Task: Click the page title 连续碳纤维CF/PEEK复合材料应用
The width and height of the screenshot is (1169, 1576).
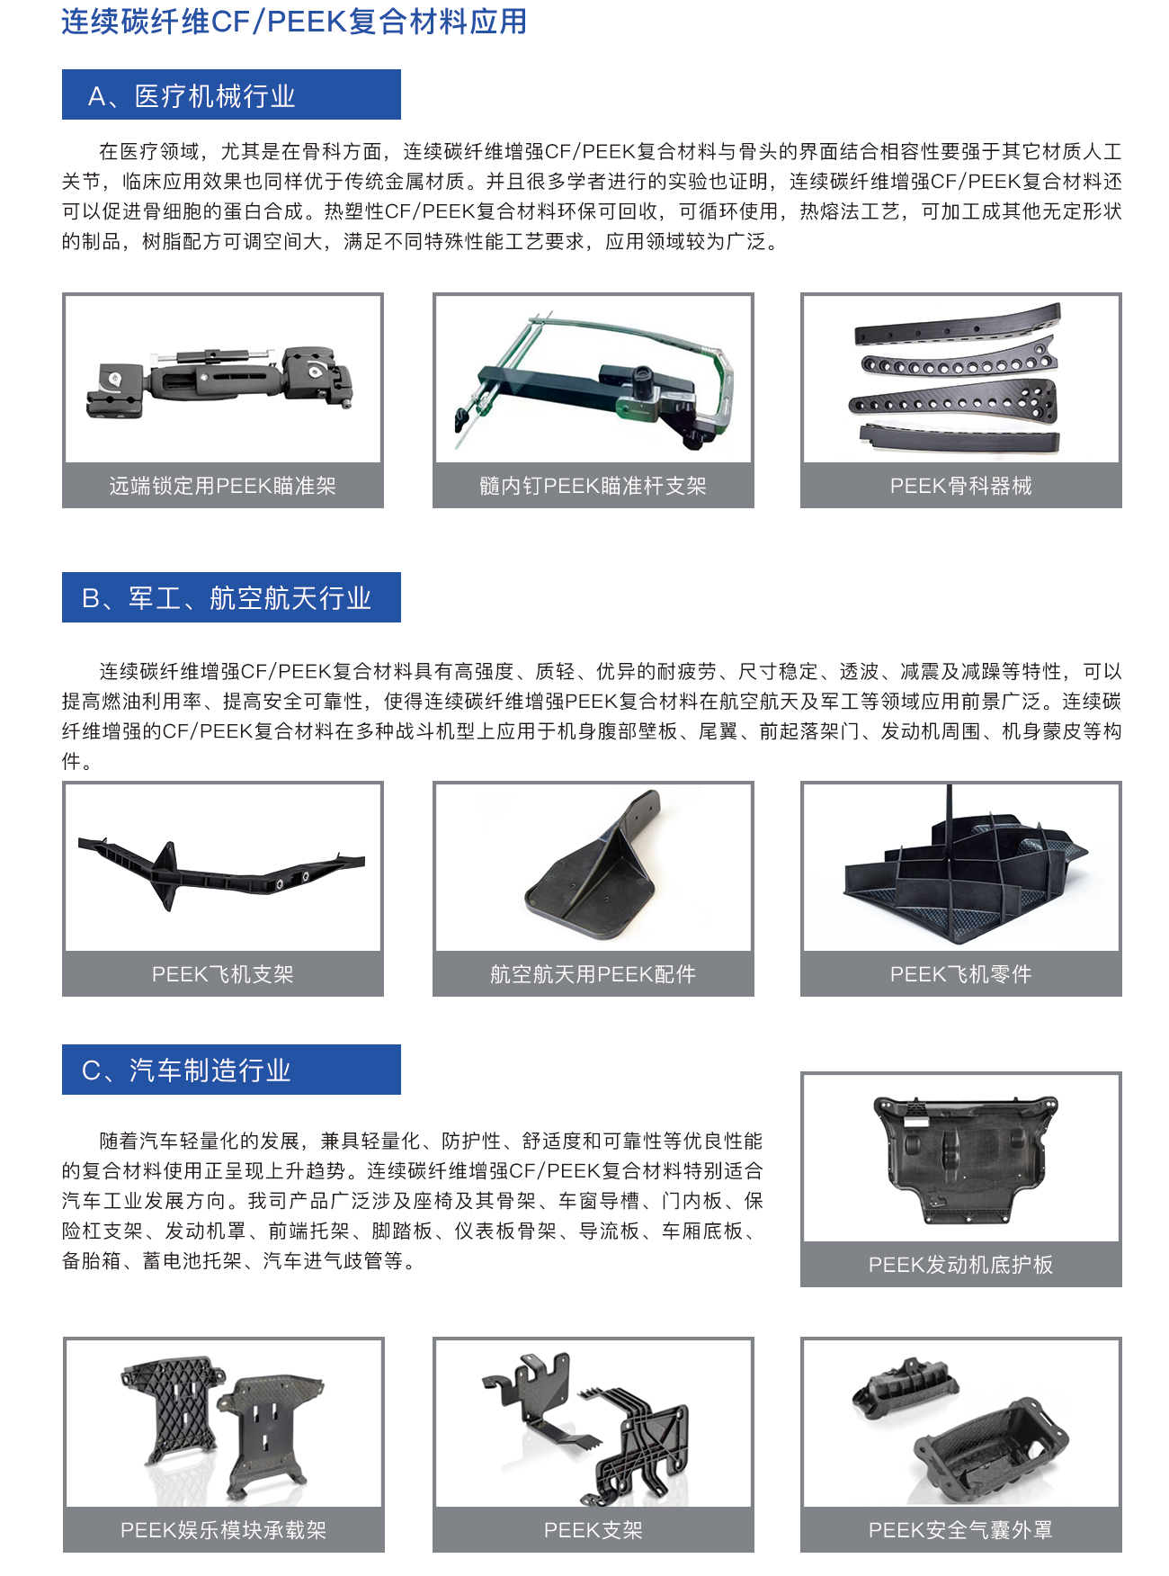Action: click(294, 22)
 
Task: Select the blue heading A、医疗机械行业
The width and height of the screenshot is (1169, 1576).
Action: click(231, 95)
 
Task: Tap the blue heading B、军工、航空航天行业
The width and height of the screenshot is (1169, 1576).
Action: click(231, 597)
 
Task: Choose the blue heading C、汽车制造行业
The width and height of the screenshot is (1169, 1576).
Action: click(231, 1070)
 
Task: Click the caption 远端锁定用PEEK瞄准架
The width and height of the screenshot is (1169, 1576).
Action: click(222, 486)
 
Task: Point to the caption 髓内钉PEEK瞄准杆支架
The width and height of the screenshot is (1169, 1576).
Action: click(593, 486)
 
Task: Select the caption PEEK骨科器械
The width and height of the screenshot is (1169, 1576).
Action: click(960, 486)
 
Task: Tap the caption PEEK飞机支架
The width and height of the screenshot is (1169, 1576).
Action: click(222, 974)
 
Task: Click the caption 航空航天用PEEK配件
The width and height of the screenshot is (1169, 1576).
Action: click(593, 974)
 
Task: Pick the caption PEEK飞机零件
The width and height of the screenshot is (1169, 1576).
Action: click(960, 974)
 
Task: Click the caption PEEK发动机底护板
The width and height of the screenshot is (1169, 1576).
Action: click(960, 1265)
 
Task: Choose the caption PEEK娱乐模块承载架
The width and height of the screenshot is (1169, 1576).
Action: click(222, 1530)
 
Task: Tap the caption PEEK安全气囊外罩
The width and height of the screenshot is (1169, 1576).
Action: click(960, 1530)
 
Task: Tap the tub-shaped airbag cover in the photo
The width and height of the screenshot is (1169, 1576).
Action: click(989, 1448)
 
